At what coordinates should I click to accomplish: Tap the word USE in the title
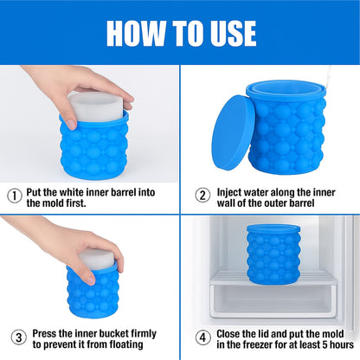click(229, 32)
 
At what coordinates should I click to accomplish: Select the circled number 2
click(202, 195)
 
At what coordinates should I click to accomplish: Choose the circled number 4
click(202, 336)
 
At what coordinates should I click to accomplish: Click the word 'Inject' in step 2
click(231, 190)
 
